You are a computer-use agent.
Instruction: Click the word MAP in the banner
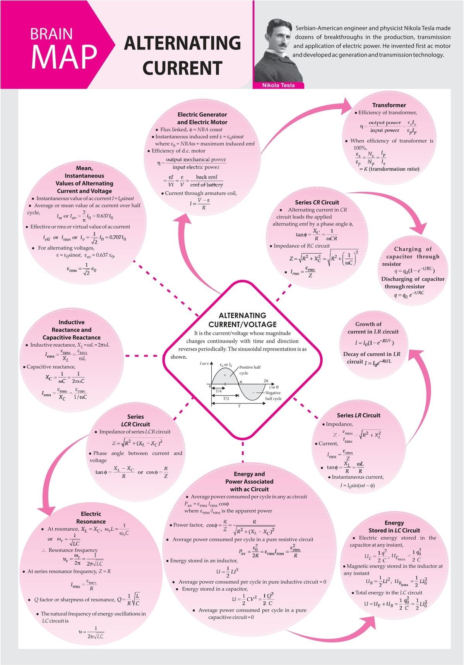(x=64, y=57)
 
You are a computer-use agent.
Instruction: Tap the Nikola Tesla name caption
(x=278, y=85)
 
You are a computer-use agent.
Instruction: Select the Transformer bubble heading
(x=389, y=105)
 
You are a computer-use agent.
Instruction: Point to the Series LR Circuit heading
(x=358, y=415)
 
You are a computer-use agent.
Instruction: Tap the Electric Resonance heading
(x=91, y=518)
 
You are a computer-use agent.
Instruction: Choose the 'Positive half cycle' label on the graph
(x=250, y=370)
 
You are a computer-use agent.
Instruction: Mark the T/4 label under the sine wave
(x=219, y=391)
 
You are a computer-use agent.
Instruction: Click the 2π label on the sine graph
(x=266, y=381)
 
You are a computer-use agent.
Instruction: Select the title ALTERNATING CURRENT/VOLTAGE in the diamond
(x=243, y=320)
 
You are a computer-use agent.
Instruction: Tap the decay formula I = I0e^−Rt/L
(x=383, y=362)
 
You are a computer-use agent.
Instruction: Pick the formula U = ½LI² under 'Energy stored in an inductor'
(x=227, y=571)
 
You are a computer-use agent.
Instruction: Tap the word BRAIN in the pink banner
(x=51, y=34)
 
